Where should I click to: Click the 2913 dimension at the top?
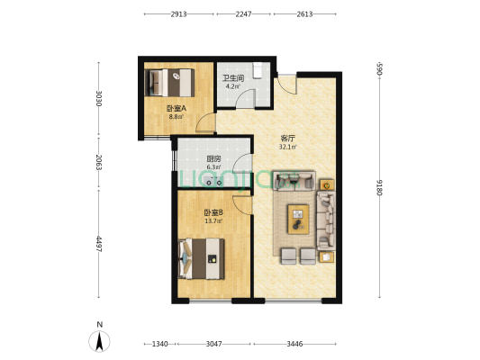pos(179,14)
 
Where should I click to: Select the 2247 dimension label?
pos(244,14)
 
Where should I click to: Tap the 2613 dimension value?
pos(304,14)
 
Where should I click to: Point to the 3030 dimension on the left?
pos(98,98)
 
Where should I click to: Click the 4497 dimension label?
pos(98,244)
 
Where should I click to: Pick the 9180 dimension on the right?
pos(380,187)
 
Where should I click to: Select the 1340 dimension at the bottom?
pos(160,344)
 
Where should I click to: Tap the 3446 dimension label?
pos(294,344)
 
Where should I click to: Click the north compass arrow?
pos(99,341)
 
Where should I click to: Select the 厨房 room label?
pos(213,159)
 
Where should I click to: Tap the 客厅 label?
pos(288,139)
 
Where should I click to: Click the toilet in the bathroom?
pos(258,71)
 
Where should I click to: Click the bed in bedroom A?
pos(169,83)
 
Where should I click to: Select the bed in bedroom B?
pos(201,259)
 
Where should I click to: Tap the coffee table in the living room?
pos(298,220)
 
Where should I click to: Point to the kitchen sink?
pos(214,181)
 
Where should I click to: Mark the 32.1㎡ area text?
pos(288,147)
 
